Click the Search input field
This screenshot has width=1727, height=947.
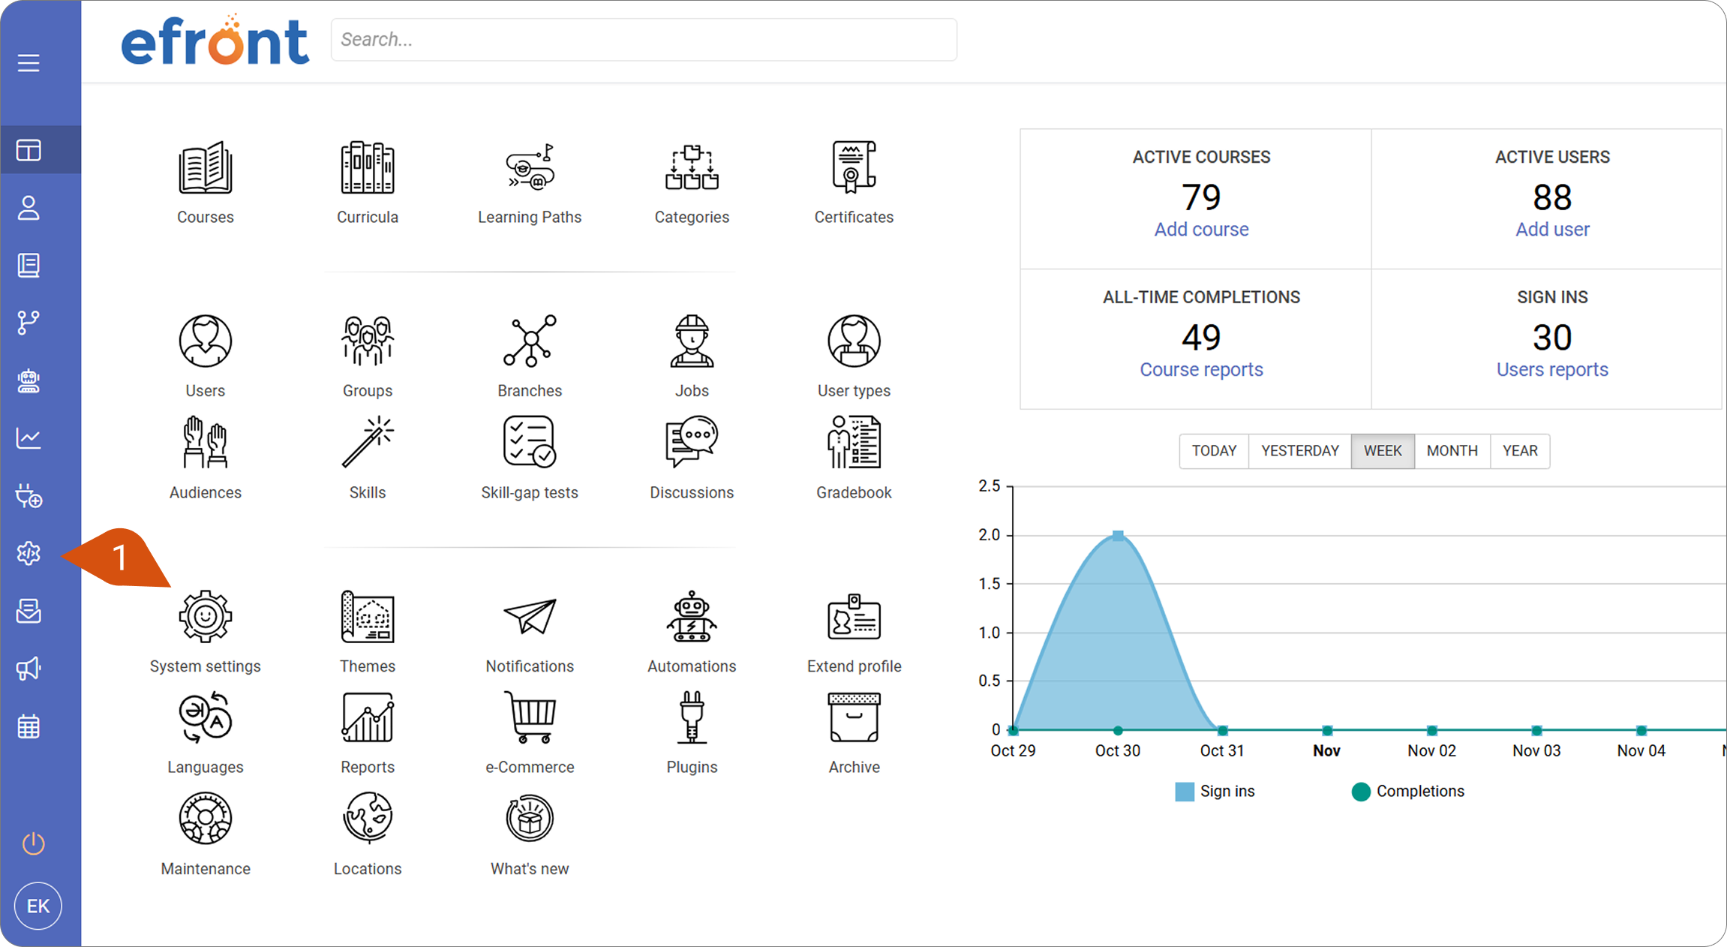click(x=644, y=40)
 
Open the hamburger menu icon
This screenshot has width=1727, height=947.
click(x=29, y=63)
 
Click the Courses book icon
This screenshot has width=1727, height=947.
click(x=205, y=167)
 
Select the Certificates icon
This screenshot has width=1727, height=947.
click(x=854, y=167)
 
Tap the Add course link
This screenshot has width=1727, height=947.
click(x=1201, y=230)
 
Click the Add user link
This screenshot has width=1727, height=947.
click(x=1552, y=230)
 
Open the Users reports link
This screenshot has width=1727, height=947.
click(x=1552, y=370)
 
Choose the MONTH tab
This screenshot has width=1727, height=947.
click(x=1452, y=451)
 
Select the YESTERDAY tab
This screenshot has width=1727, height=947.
click(x=1300, y=451)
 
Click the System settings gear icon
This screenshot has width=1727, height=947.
click(x=205, y=617)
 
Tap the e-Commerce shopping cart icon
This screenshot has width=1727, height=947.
click(x=530, y=717)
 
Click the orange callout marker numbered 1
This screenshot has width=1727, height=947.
click(x=119, y=558)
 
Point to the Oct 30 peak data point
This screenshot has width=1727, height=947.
click(x=1118, y=536)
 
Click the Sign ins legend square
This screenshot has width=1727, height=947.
click(x=1185, y=792)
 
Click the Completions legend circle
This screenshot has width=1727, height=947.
click(x=1361, y=792)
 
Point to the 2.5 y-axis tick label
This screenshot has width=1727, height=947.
click(x=990, y=486)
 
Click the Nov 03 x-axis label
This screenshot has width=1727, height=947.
click(x=1536, y=751)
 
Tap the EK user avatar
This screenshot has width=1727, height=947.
click(x=38, y=906)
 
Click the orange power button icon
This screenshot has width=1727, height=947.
click(x=33, y=843)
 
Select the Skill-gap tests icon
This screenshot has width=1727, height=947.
click(x=530, y=442)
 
